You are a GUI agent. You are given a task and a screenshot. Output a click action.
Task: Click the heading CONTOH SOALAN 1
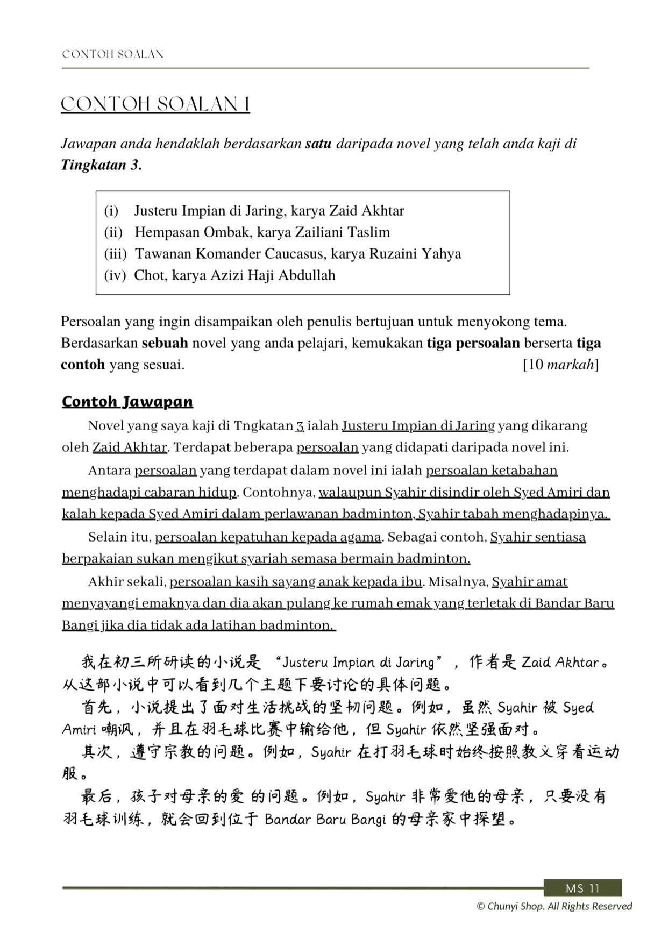pos(155,104)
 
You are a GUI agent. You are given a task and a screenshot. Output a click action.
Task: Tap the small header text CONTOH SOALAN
pos(113,54)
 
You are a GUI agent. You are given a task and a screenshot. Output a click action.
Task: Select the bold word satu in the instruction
pos(318,144)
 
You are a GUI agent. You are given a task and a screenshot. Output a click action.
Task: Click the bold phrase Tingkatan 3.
pos(101,165)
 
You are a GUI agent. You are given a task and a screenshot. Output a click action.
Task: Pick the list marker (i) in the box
pos(111,211)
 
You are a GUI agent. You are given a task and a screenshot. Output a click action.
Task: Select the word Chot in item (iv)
pos(149,275)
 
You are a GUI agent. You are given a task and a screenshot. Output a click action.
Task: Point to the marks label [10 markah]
pos(560,365)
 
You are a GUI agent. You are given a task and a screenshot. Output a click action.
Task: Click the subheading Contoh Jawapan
pos(127,402)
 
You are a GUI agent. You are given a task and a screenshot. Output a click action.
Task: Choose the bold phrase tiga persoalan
pos(473,343)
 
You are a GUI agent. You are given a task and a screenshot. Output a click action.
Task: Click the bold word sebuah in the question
pos(165,343)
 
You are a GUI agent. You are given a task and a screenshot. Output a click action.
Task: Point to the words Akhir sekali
pos(127,582)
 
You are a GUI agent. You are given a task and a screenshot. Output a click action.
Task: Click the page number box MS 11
pos(582,888)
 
